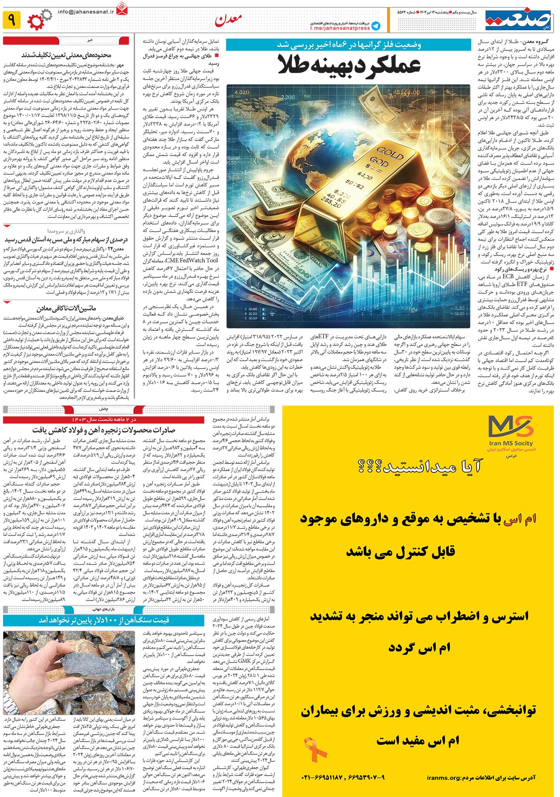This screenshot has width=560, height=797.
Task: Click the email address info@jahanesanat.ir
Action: pos(86,12)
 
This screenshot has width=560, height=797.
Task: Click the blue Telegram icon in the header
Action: pos(375,26)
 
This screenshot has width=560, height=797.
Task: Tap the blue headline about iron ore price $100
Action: pos(104,620)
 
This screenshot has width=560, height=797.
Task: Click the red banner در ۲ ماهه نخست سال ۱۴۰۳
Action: pos(104,420)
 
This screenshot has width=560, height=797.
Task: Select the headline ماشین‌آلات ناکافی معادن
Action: pos(66,309)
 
